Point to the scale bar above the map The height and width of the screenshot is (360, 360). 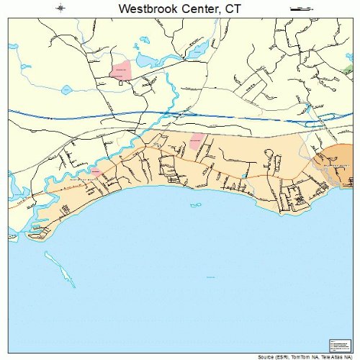pyautogui.click(x=298, y=8)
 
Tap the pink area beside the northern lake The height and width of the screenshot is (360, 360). pyautogui.click(x=120, y=71)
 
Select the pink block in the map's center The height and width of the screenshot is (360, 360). pyautogui.click(x=196, y=141)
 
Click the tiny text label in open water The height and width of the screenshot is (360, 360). pyautogui.click(x=210, y=277)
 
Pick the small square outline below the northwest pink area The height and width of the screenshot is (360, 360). pyautogui.click(x=120, y=84)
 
